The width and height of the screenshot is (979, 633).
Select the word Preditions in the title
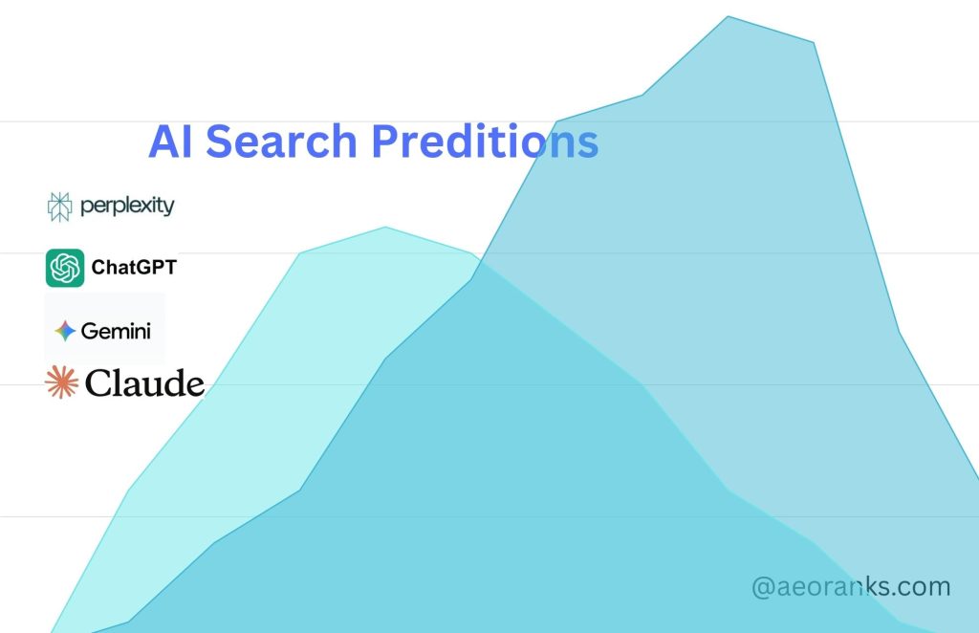(484, 142)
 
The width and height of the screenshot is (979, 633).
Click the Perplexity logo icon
(59, 206)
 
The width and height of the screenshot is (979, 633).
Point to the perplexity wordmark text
(126, 206)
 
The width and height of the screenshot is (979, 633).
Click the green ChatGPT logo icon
(65, 268)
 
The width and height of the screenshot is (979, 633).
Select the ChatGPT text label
(134, 269)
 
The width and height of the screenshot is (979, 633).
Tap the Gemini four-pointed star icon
(65, 331)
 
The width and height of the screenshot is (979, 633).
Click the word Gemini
(116, 331)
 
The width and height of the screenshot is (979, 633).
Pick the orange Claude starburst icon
(60, 382)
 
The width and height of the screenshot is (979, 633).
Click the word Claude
(144, 384)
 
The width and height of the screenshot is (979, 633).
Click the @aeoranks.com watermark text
(851, 586)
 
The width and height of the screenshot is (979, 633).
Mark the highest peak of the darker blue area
(729, 17)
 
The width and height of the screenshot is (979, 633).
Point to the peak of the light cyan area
(386, 228)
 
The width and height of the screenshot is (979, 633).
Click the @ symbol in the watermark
(763, 587)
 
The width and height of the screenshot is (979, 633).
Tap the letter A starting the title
(163, 142)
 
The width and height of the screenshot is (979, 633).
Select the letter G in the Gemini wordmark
(89, 331)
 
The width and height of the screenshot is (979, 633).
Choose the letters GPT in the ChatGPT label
(155, 269)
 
